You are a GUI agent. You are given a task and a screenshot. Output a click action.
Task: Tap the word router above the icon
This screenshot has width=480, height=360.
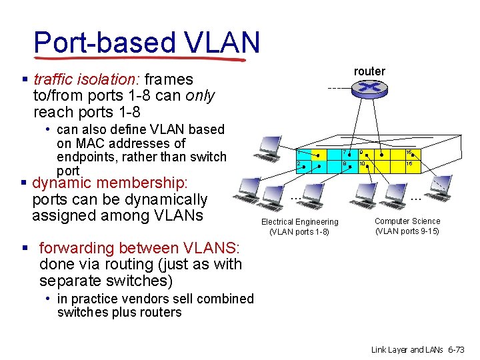point(369,71)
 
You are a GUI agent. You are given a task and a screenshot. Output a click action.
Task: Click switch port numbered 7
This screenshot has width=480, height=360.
point(347,153)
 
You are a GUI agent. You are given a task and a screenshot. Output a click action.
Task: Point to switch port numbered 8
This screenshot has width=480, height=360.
point(347,165)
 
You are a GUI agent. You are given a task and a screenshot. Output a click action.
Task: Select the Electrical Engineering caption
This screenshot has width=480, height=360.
point(299,227)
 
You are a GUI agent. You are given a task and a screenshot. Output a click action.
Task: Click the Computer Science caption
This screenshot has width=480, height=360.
point(407,226)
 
